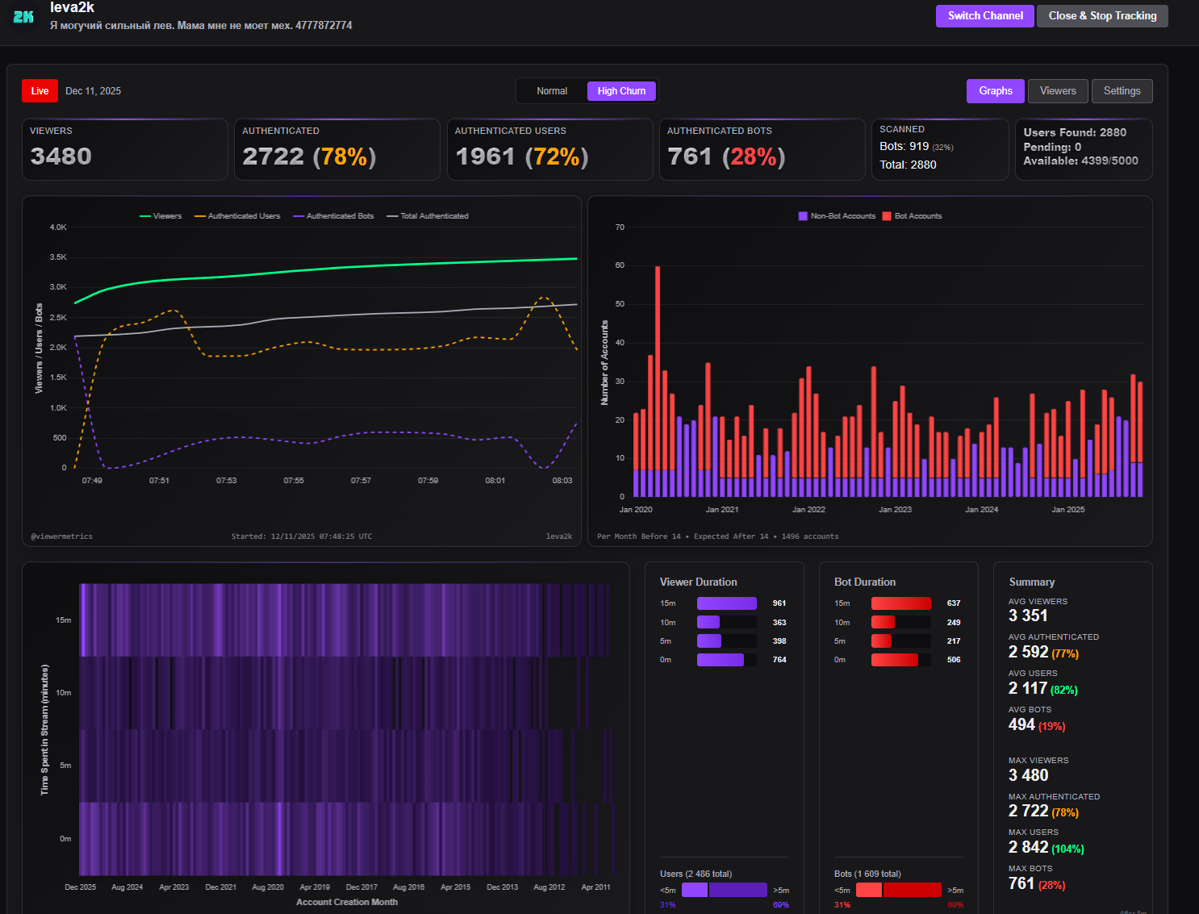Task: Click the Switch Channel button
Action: (x=984, y=16)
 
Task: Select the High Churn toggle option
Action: (x=621, y=91)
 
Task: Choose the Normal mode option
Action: (x=552, y=91)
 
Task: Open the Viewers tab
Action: (x=1058, y=91)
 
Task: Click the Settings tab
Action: (x=1122, y=91)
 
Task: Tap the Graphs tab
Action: (x=996, y=91)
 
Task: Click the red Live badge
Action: (x=40, y=91)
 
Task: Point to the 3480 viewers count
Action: (x=61, y=156)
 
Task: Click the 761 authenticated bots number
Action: (x=690, y=156)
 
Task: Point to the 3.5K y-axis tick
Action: (x=58, y=257)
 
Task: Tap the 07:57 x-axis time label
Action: (x=361, y=481)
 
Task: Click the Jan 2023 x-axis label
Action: (x=895, y=510)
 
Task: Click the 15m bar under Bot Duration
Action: (x=900, y=603)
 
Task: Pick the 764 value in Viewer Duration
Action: (x=779, y=660)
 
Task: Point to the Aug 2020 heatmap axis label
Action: (x=268, y=887)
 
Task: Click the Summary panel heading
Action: (x=1031, y=582)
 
